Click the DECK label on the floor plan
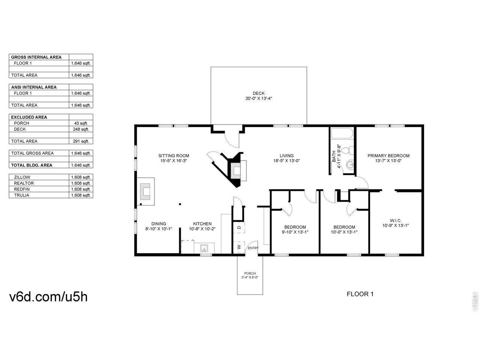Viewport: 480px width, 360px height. pos(258,93)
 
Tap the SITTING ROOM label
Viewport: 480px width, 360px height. pos(174,156)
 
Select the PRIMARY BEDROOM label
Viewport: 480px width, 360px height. pos(388,156)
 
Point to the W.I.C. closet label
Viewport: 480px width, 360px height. pos(395,220)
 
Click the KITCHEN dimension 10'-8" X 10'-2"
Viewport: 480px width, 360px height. pos(202,229)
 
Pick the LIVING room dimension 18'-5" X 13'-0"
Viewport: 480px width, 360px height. pos(286,161)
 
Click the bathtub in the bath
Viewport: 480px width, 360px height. pos(342,133)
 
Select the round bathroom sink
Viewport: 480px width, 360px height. pos(350,165)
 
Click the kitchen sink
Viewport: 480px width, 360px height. pos(204,248)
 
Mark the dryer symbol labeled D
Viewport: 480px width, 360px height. pos(239,228)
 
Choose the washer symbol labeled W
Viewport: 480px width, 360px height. pos(239,247)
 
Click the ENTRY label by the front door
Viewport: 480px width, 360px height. pos(253,248)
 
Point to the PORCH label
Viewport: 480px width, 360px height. pos(250,273)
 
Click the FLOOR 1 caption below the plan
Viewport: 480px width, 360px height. pos(360,294)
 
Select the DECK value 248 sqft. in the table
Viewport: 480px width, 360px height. pos(81,129)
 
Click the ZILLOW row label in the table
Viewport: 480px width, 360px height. pos(22,177)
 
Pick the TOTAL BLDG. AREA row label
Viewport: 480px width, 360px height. pos(32,165)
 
